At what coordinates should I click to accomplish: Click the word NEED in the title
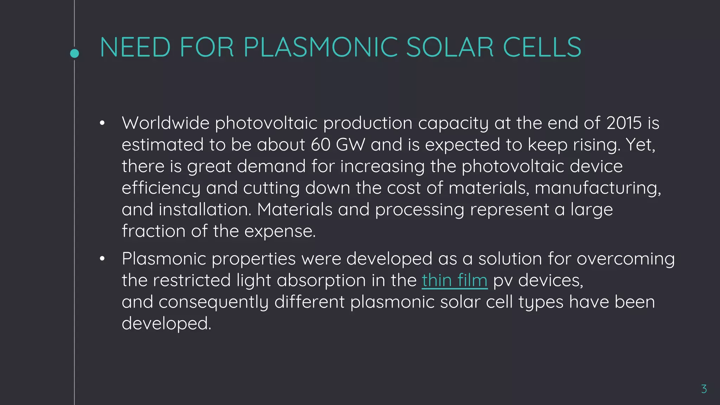point(135,47)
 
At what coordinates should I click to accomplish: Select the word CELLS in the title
point(542,47)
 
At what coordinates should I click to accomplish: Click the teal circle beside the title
point(75,53)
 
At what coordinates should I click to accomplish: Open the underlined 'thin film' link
point(455,281)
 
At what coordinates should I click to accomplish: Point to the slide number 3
point(704,389)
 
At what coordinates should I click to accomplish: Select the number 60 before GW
point(321,145)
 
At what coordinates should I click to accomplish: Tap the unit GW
point(351,145)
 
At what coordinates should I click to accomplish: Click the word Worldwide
point(166,123)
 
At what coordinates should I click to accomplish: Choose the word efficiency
point(161,188)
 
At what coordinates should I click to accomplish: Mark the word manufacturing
point(598,188)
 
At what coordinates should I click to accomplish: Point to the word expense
point(280,232)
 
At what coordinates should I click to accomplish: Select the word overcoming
point(625,259)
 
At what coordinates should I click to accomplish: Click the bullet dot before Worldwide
point(102,123)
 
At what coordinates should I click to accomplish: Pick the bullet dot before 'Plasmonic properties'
point(102,259)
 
